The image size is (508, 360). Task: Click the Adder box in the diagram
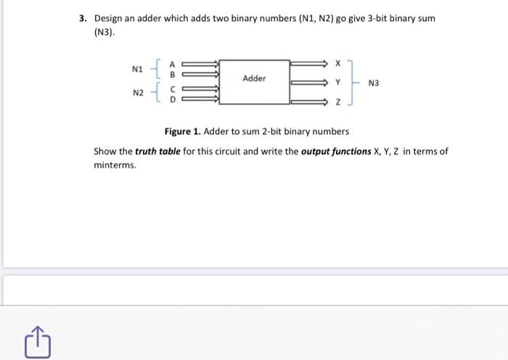tap(254, 78)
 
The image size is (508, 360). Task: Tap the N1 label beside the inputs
tap(137, 70)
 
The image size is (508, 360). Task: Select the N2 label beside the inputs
tap(137, 93)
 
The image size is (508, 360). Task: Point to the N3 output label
tap(374, 83)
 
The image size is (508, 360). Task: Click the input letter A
tap(173, 63)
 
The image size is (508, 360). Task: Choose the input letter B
tap(173, 73)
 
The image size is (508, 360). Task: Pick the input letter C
tap(173, 89)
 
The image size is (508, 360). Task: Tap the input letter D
tap(173, 100)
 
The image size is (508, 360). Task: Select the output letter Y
tap(337, 83)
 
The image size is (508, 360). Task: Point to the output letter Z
tap(337, 104)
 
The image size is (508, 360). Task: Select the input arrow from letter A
tap(200, 63)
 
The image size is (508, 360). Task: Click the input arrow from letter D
tap(200, 100)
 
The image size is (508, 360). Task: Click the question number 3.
tap(83, 17)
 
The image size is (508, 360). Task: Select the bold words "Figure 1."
tap(183, 132)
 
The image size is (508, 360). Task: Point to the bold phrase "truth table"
tap(157, 152)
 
